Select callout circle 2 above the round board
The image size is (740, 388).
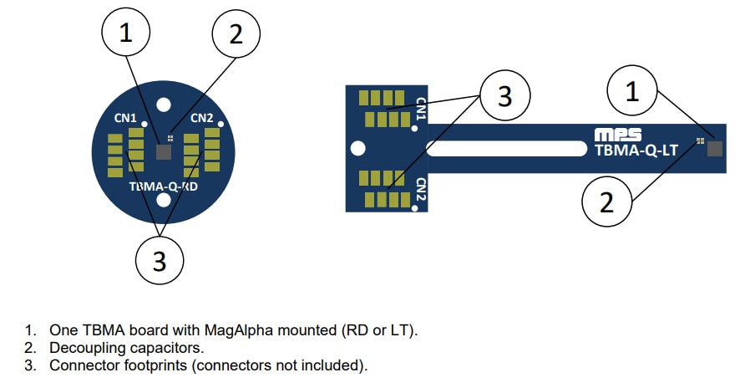click(x=236, y=34)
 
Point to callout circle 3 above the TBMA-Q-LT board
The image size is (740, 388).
click(x=504, y=96)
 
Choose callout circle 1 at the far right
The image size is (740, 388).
click(x=632, y=93)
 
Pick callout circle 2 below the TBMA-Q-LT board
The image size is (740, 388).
click(x=607, y=202)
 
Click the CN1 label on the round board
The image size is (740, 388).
click(x=126, y=119)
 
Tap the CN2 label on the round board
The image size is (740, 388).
click(x=202, y=119)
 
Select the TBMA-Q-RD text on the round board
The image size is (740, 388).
click(x=164, y=187)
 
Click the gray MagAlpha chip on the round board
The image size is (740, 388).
click(x=164, y=151)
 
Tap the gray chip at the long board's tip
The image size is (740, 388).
click(x=714, y=148)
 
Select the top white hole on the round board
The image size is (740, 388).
click(x=164, y=105)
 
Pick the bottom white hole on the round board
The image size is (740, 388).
click(x=164, y=202)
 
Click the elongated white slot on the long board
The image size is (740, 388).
click(x=505, y=149)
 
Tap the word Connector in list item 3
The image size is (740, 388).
click(x=84, y=365)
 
